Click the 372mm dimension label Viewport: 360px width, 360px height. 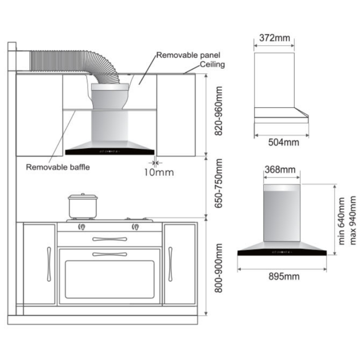click(x=275, y=38)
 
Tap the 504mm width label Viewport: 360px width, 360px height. click(x=284, y=142)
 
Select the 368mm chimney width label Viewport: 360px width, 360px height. click(x=280, y=170)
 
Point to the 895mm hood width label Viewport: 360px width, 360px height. click(x=284, y=276)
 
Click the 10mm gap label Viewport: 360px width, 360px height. click(x=159, y=172)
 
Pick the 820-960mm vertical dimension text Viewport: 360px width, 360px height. click(x=219, y=111)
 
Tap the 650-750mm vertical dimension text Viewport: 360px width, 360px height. click(x=219, y=183)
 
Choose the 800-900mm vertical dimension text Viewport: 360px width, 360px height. click(x=219, y=268)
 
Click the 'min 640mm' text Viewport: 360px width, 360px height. click(x=341, y=221)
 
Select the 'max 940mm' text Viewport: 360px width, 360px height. click(x=352, y=220)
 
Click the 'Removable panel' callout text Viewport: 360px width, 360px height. click(x=188, y=55)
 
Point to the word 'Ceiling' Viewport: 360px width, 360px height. click(x=212, y=64)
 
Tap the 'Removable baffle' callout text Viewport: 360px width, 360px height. click(x=58, y=167)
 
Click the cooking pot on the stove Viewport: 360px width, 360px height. click(x=83, y=206)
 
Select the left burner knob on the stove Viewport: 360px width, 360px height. click(x=82, y=227)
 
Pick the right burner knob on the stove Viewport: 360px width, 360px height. click(x=135, y=227)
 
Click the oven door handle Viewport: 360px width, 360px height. click(x=110, y=255)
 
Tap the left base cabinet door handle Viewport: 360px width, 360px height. click(x=49, y=264)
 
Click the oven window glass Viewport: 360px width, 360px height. click(x=110, y=279)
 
